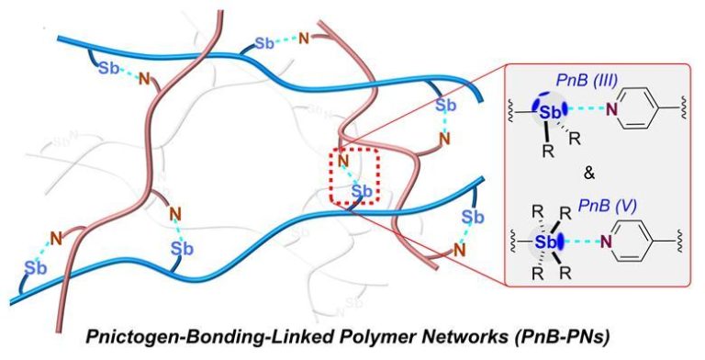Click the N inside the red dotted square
tap(343, 163)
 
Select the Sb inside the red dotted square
tap(363, 191)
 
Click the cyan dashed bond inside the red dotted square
tap(352, 177)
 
